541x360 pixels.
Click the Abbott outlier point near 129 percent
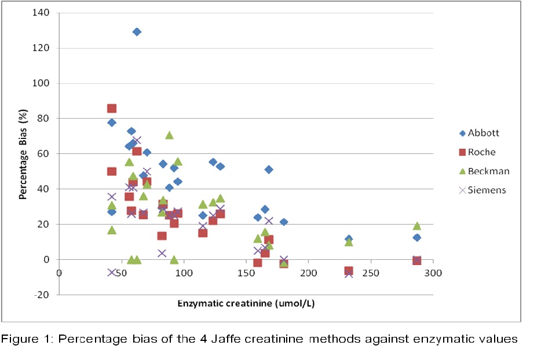[x=137, y=32]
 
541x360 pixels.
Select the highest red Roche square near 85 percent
[x=112, y=109]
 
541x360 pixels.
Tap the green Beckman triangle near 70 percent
[x=169, y=135]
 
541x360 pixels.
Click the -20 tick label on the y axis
[x=42, y=295]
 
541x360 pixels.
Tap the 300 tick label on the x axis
[x=433, y=273]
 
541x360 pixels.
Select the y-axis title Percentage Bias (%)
[x=24, y=153]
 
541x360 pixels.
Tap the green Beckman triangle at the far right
[x=416, y=226]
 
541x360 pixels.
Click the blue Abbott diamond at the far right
[x=416, y=237]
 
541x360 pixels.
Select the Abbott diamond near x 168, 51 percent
[x=269, y=170]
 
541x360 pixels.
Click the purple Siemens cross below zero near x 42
[x=112, y=272]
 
